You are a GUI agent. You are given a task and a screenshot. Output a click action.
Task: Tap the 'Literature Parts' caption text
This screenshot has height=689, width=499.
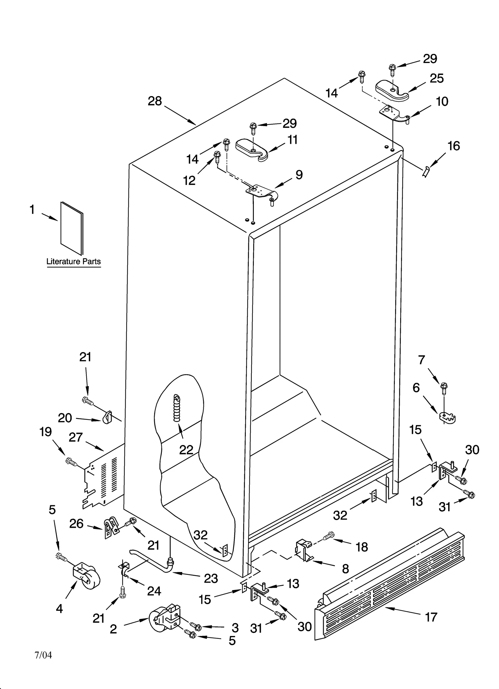pyautogui.click(x=74, y=261)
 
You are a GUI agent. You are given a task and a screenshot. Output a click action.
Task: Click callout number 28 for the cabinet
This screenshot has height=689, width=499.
pyautogui.click(x=155, y=101)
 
